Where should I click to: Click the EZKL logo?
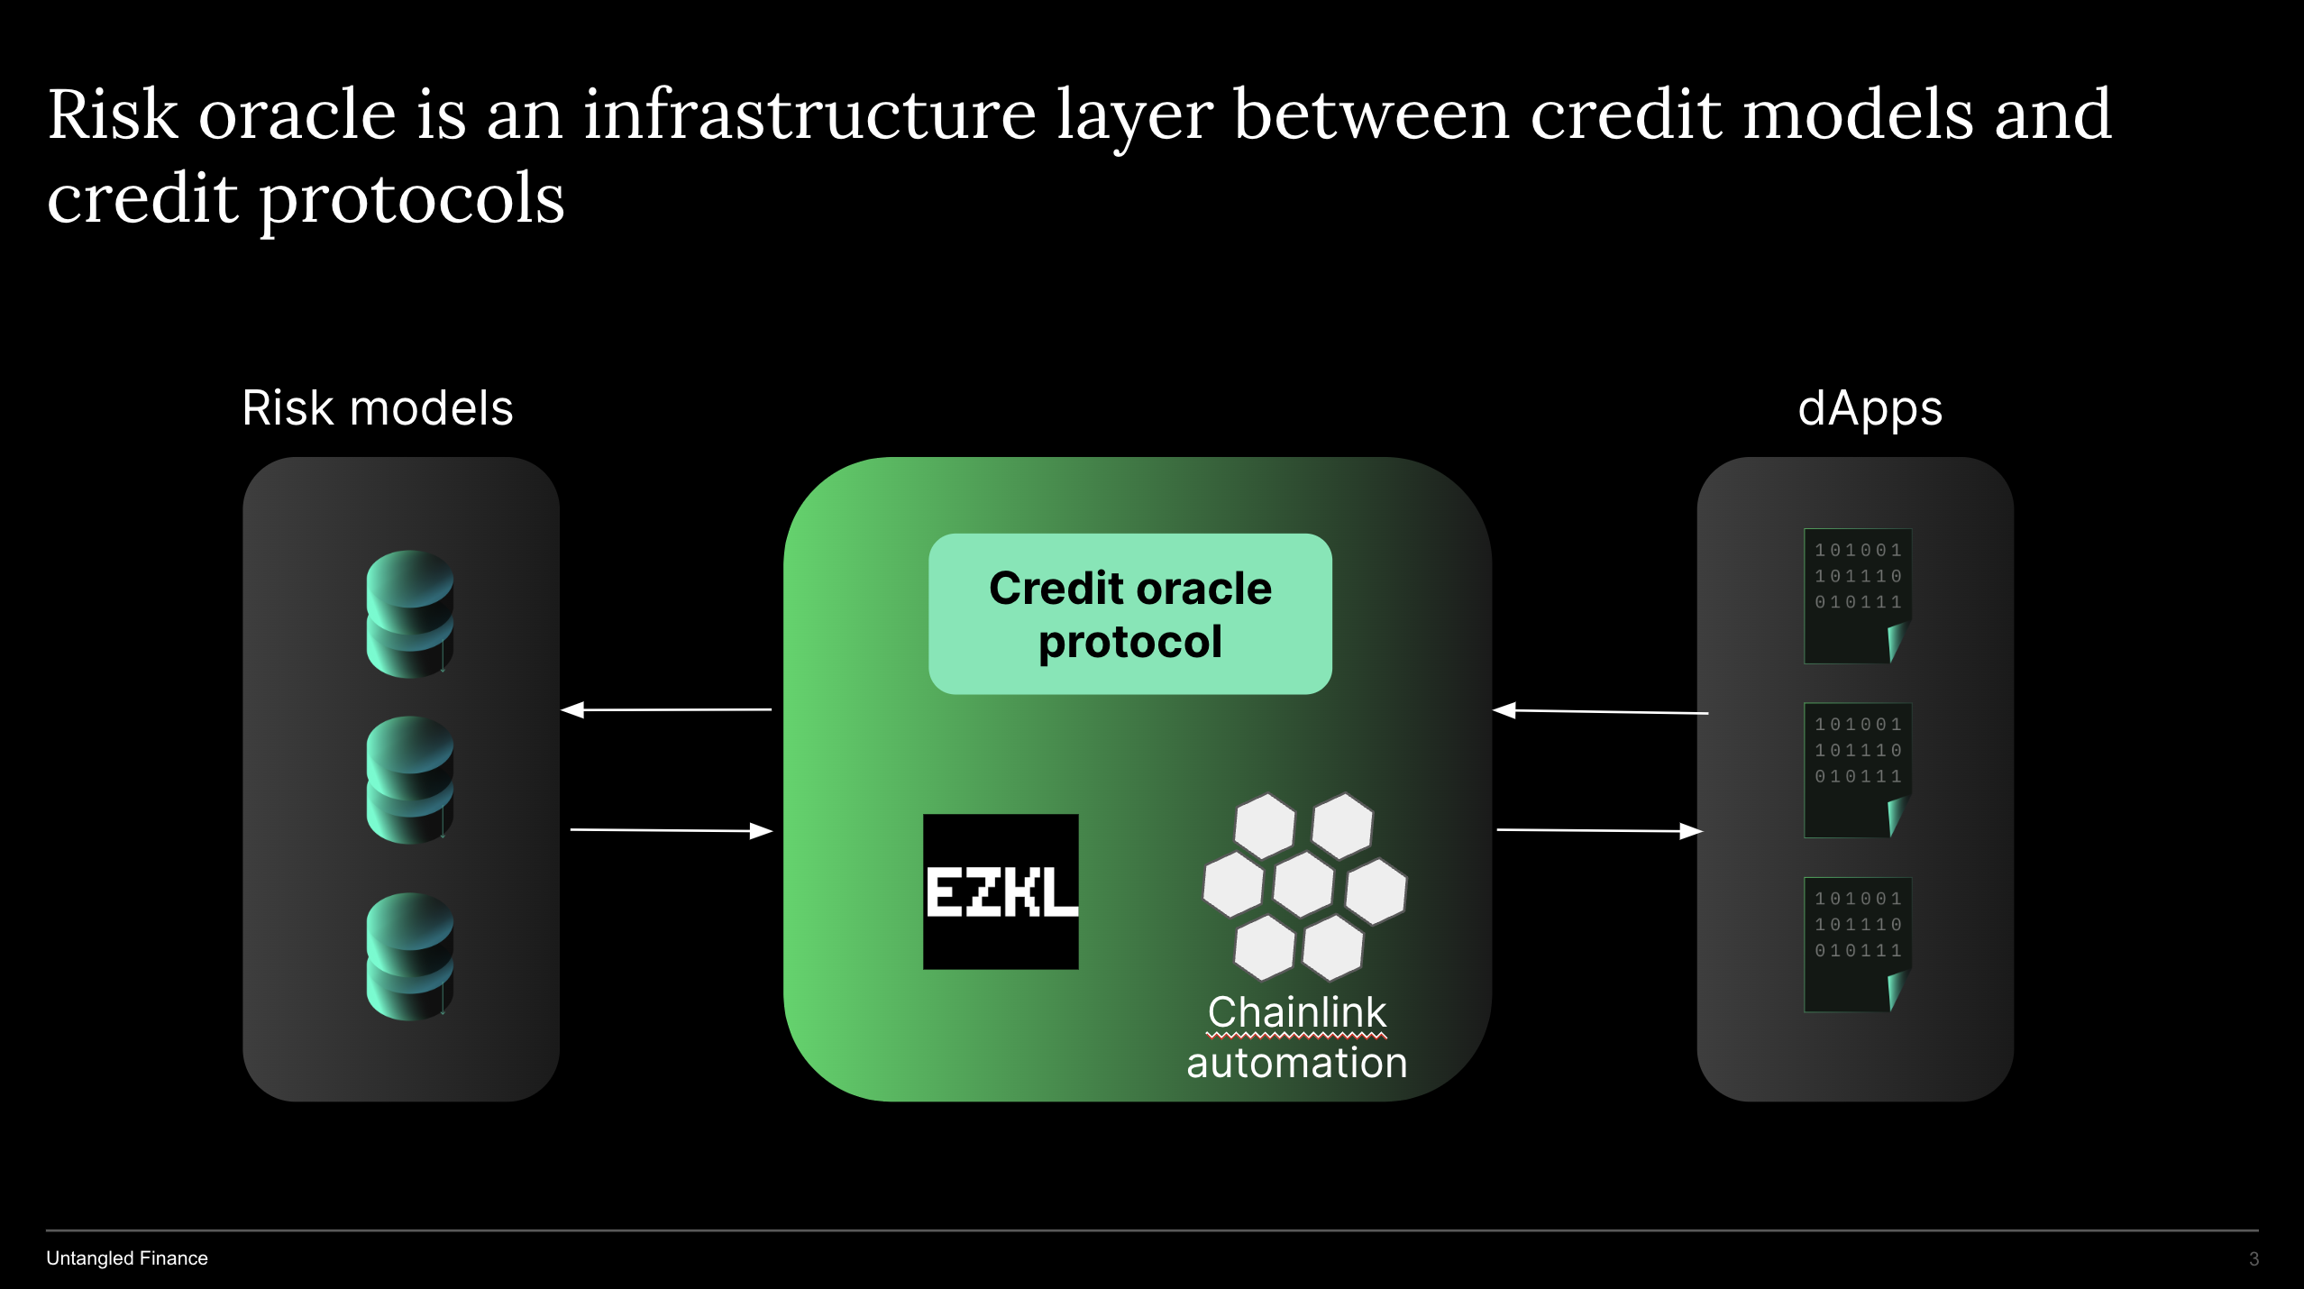point(1001,891)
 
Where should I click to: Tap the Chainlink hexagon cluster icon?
point(1303,886)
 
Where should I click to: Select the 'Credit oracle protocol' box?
point(1129,614)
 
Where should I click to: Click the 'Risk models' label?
point(378,408)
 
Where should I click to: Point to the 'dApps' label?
point(1870,408)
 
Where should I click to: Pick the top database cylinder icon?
point(410,613)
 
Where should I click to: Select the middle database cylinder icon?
point(410,780)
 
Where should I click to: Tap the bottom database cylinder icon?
point(410,955)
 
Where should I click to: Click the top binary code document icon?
point(1857,596)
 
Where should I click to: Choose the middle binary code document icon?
point(1857,770)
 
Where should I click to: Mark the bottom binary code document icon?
point(1857,944)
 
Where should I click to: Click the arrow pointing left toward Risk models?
point(666,710)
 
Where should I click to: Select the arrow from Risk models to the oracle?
point(672,830)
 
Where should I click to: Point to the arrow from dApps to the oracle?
point(1600,712)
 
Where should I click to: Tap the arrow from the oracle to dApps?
point(1600,830)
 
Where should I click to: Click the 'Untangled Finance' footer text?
point(127,1258)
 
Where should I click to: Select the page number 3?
point(2254,1259)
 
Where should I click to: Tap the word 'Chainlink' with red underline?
point(1296,1012)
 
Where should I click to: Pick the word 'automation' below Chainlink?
point(1296,1064)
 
